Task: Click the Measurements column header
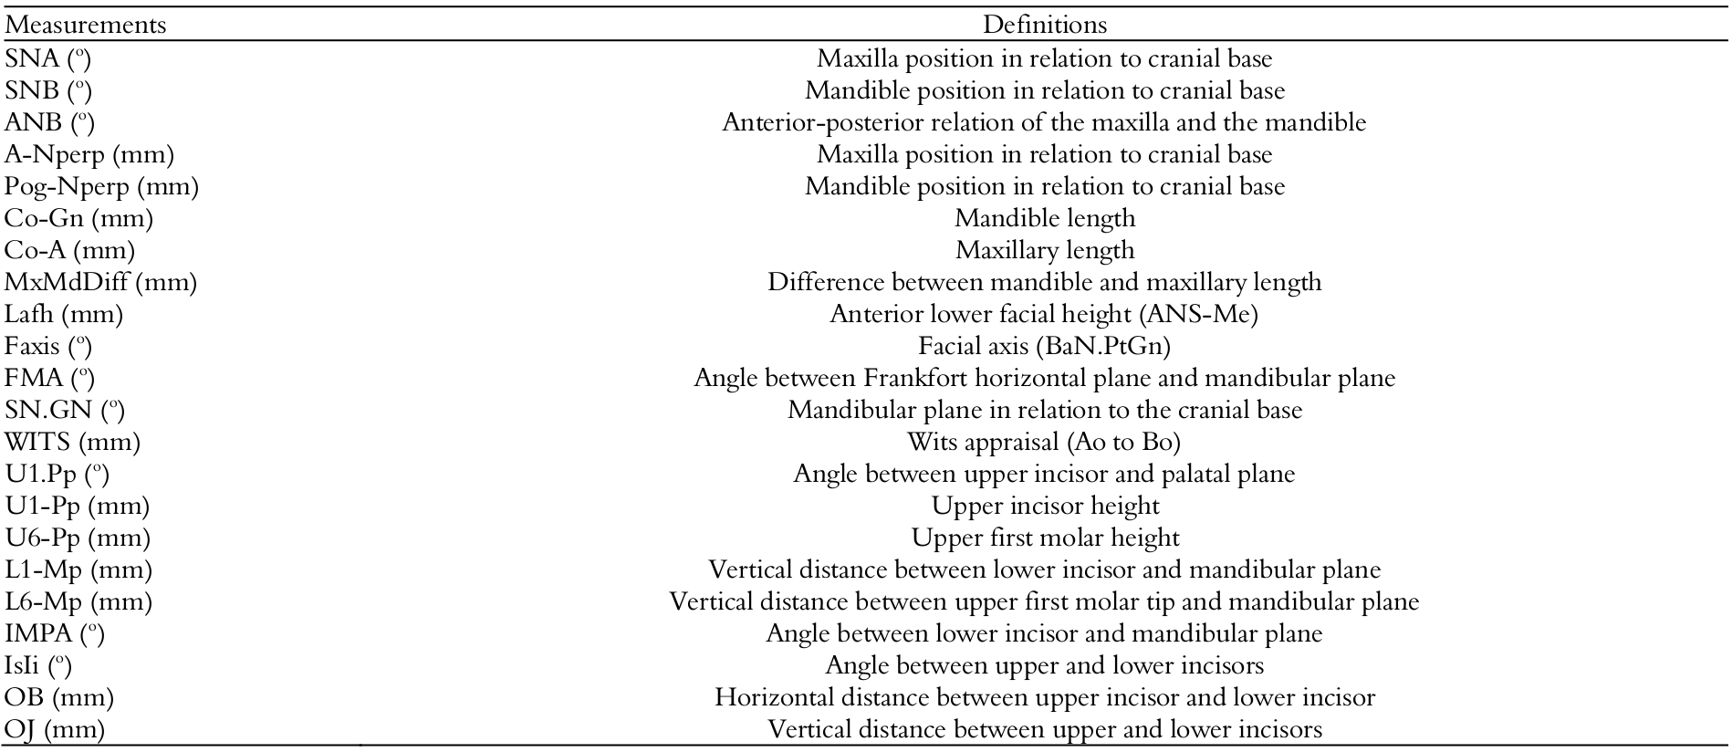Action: pyautogui.click(x=86, y=25)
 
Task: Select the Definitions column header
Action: pyautogui.click(x=1044, y=25)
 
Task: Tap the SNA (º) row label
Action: pyautogui.click(x=48, y=58)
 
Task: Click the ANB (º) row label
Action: pyautogui.click(x=49, y=122)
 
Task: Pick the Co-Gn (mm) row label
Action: pyautogui.click(x=78, y=218)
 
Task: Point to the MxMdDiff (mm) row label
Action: pyautogui.click(x=100, y=282)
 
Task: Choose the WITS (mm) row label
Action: pyautogui.click(x=73, y=442)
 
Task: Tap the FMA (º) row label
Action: pyautogui.click(x=49, y=378)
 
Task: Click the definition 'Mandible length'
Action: pyautogui.click(x=1044, y=218)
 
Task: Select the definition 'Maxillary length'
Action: pyautogui.click(x=1044, y=250)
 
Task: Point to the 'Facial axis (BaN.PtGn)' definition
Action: pyautogui.click(x=1044, y=346)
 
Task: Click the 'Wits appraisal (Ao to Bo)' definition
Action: pyautogui.click(x=1044, y=442)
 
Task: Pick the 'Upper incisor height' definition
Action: pyautogui.click(x=1044, y=506)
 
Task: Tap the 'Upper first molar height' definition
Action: pyautogui.click(x=1044, y=538)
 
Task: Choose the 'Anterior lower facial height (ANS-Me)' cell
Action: pyautogui.click(x=1044, y=314)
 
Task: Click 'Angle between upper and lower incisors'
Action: pyautogui.click(x=1044, y=665)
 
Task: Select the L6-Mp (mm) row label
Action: pyautogui.click(x=78, y=601)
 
